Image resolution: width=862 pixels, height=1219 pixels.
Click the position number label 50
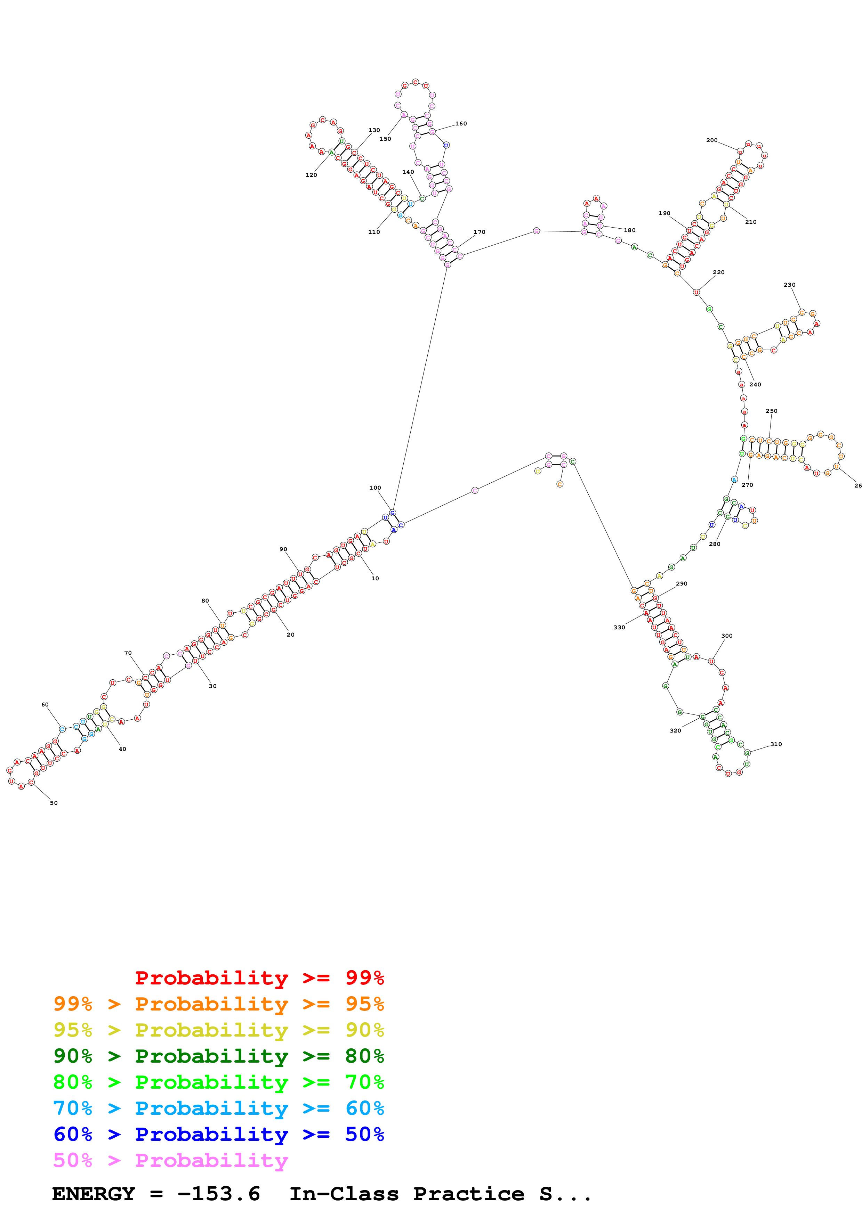[x=54, y=803]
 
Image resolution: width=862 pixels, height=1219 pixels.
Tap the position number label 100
[x=375, y=488]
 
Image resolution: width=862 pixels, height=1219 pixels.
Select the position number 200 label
[x=712, y=140]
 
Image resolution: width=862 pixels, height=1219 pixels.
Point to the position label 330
[x=619, y=627]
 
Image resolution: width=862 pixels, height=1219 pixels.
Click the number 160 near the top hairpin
[x=461, y=124]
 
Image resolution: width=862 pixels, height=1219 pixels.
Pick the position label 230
[x=790, y=285]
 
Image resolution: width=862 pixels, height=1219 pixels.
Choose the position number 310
[x=776, y=744]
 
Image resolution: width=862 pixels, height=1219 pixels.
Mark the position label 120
[x=311, y=175]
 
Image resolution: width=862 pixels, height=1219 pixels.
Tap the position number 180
[x=629, y=230]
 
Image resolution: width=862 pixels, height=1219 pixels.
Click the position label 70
[x=128, y=653]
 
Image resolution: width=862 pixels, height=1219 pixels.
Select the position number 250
[x=772, y=411]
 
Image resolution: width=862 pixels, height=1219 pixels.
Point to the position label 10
[x=375, y=578]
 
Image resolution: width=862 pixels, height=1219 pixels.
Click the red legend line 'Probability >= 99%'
[x=259, y=977]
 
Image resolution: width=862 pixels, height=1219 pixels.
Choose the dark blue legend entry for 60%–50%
[x=218, y=1134]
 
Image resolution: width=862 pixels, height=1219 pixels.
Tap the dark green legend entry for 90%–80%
[x=218, y=1056]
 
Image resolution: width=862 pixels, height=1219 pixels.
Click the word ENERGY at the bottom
[x=94, y=1194]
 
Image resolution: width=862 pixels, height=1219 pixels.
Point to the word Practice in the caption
[x=468, y=1194]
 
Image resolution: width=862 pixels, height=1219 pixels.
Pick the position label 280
[x=715, y=544]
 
